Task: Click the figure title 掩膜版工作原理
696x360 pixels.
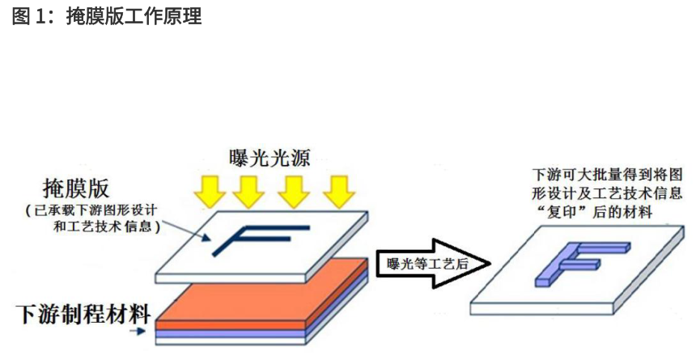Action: click(134, 16)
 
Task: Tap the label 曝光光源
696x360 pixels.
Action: click(269, 159)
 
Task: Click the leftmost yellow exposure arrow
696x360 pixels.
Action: click(210, 192)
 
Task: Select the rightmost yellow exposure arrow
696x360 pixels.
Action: click(339, 192)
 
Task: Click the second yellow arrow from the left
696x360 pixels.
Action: click(248, 192)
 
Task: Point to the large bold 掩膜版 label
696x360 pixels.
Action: click(76, 188)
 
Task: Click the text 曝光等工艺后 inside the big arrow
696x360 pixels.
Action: click(428, 264)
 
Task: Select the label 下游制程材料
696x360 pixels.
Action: click(83, 314)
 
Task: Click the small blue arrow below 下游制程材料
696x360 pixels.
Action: click(138, 331)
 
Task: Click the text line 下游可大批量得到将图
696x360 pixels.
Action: click(607, 175)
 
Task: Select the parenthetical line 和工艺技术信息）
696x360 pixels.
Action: click(107, 227)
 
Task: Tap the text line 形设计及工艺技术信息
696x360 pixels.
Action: click(607, 193)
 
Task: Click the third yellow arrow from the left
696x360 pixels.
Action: click(294, 192)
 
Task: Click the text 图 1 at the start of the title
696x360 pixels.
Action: click(28, 16)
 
